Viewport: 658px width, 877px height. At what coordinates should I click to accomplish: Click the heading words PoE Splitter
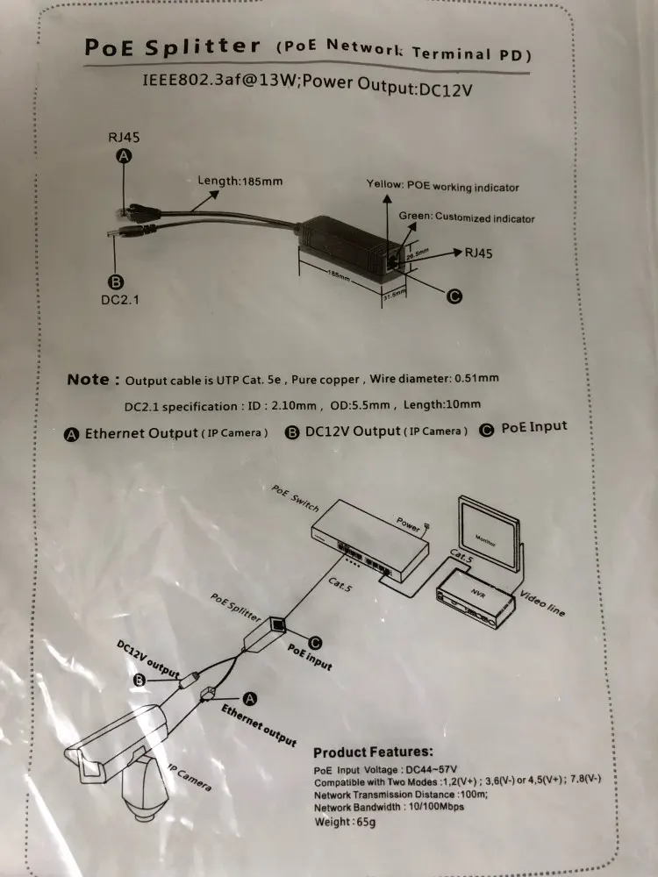tap(173, 46)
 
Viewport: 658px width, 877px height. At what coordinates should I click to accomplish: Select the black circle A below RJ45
tap(125, 155)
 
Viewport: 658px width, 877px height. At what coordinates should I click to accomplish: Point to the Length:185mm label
tap(240, 181)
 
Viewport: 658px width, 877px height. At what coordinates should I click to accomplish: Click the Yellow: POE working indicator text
tap(442, 187)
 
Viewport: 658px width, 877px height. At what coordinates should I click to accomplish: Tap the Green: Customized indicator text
tap(466, 217)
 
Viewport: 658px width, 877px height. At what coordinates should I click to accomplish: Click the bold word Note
tap(88, 380)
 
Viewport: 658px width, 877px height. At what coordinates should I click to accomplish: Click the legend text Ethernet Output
tap(141, 434)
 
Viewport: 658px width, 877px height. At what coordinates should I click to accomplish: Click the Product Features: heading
tap(373, 752)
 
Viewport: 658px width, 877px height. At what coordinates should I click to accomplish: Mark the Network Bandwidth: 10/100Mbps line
tap(389, 807)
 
